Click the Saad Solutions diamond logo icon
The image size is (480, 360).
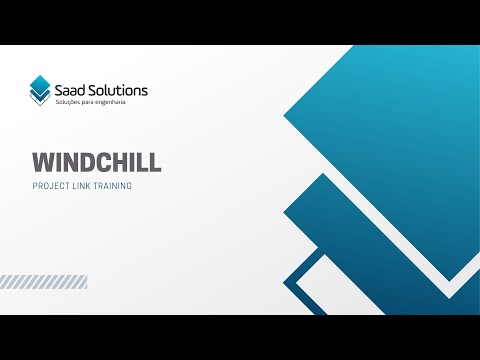[x=41, y=90]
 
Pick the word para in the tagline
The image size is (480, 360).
[x=101, y=103]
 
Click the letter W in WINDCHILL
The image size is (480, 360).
[x=41, y=163]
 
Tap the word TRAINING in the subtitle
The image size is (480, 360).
[x=111, y=186]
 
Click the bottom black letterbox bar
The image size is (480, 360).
[x=240, y=337]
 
